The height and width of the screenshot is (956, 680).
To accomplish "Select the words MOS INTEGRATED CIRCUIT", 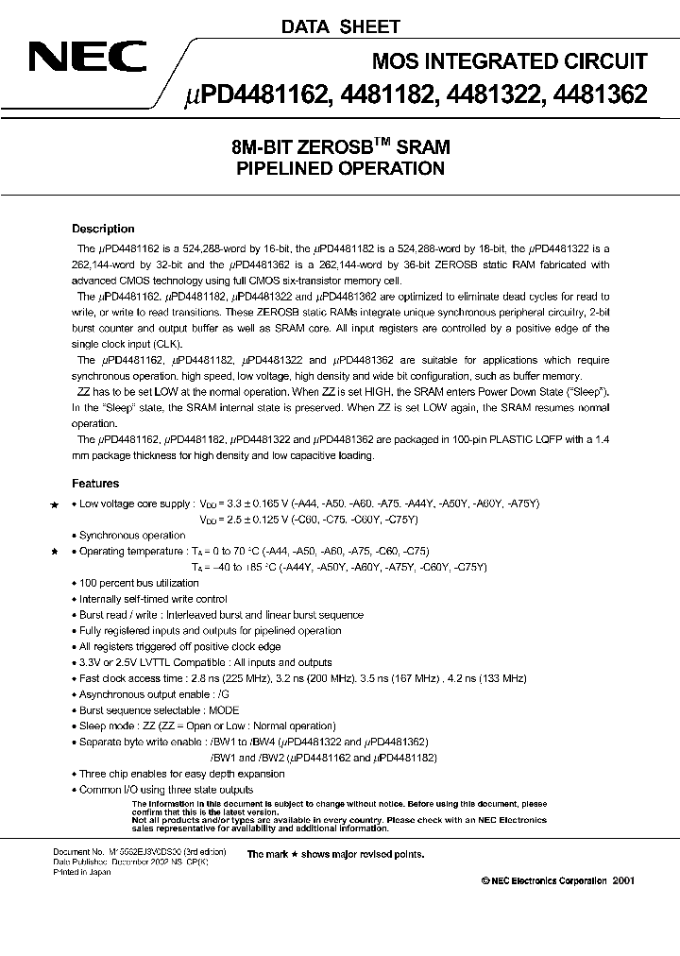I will tap(510, 61).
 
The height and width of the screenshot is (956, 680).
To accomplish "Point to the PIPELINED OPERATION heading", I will tap(339, 169).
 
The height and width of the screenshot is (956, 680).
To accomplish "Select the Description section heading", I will tap(103, 229).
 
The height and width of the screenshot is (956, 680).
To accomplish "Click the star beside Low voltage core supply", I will tap(54, 505).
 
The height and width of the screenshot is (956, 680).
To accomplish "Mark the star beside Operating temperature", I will tap(54, 551).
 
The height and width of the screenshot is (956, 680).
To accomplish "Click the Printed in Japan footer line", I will tap(81, 872).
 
